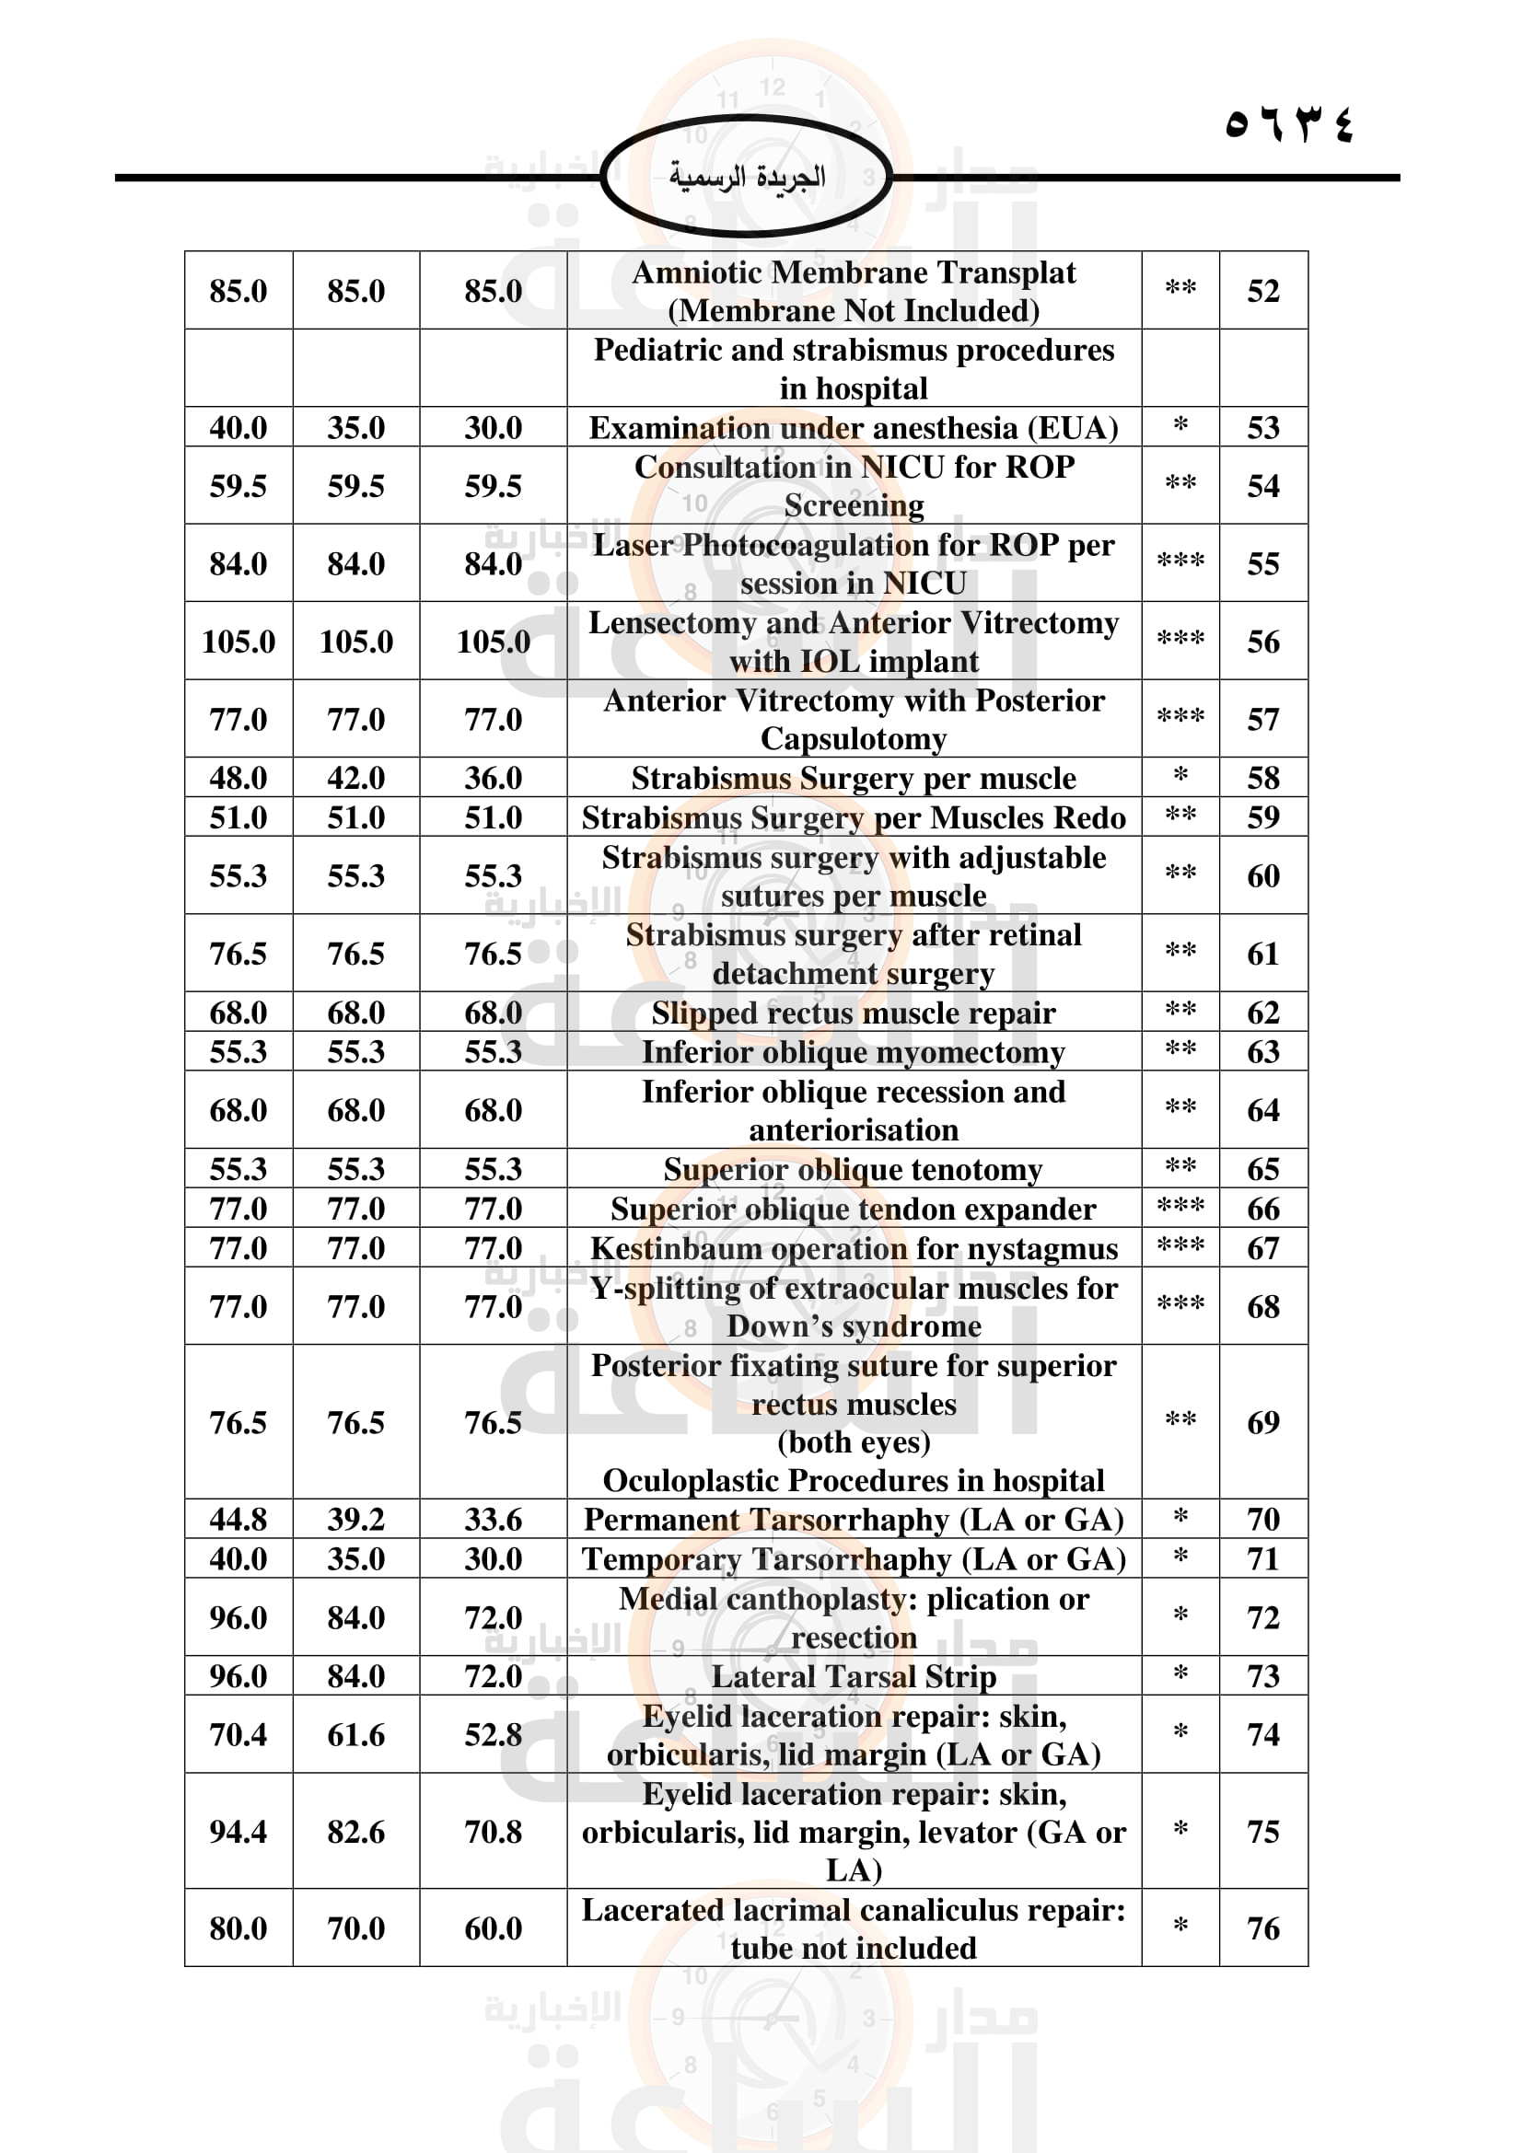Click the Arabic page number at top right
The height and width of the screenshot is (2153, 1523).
point(1288,123)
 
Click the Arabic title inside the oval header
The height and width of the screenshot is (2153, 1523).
point(747,177)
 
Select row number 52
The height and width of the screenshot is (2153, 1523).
point(1262,291)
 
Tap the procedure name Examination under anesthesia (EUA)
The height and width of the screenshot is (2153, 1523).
point(854,428)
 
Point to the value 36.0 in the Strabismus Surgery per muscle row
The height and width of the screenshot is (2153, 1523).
point(493,778)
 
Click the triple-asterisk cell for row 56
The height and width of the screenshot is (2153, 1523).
point(1180,641)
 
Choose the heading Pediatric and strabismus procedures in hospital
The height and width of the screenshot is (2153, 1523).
point(854,368)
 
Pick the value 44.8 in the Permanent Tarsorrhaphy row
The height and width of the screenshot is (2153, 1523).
point(238,1518)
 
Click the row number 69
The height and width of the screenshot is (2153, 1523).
point(1262,1422)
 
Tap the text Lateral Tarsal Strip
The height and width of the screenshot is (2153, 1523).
point(854,1675)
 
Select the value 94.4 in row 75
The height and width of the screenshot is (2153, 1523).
point(238,1832)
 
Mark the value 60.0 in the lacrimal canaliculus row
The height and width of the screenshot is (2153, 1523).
point(493,1928)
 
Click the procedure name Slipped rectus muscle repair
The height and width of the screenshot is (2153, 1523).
point(854,1013)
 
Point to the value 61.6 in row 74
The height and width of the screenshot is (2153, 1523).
point(355,1735)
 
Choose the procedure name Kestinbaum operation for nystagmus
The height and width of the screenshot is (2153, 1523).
point(854,1248)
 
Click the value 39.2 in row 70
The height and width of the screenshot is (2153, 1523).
point(355,1518)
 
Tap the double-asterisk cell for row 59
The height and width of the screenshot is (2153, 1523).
point(1180,816)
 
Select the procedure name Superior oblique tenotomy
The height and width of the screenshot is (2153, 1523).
point(854,1169)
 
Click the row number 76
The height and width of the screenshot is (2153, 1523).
point(1262,1928)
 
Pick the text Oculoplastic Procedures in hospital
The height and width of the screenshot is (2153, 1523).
point(854,1480)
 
